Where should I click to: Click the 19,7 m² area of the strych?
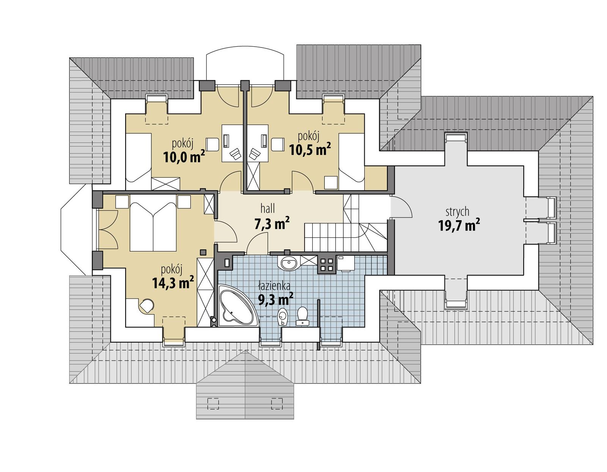(459, 226)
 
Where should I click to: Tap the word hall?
(267, 208)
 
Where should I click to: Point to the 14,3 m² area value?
(173, 283)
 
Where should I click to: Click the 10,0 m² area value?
(184, 156)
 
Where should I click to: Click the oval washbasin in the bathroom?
(289, 262)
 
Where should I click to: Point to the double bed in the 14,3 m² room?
(153, 227)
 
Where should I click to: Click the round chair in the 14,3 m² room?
(146, 305)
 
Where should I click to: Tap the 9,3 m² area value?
(275, 300)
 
